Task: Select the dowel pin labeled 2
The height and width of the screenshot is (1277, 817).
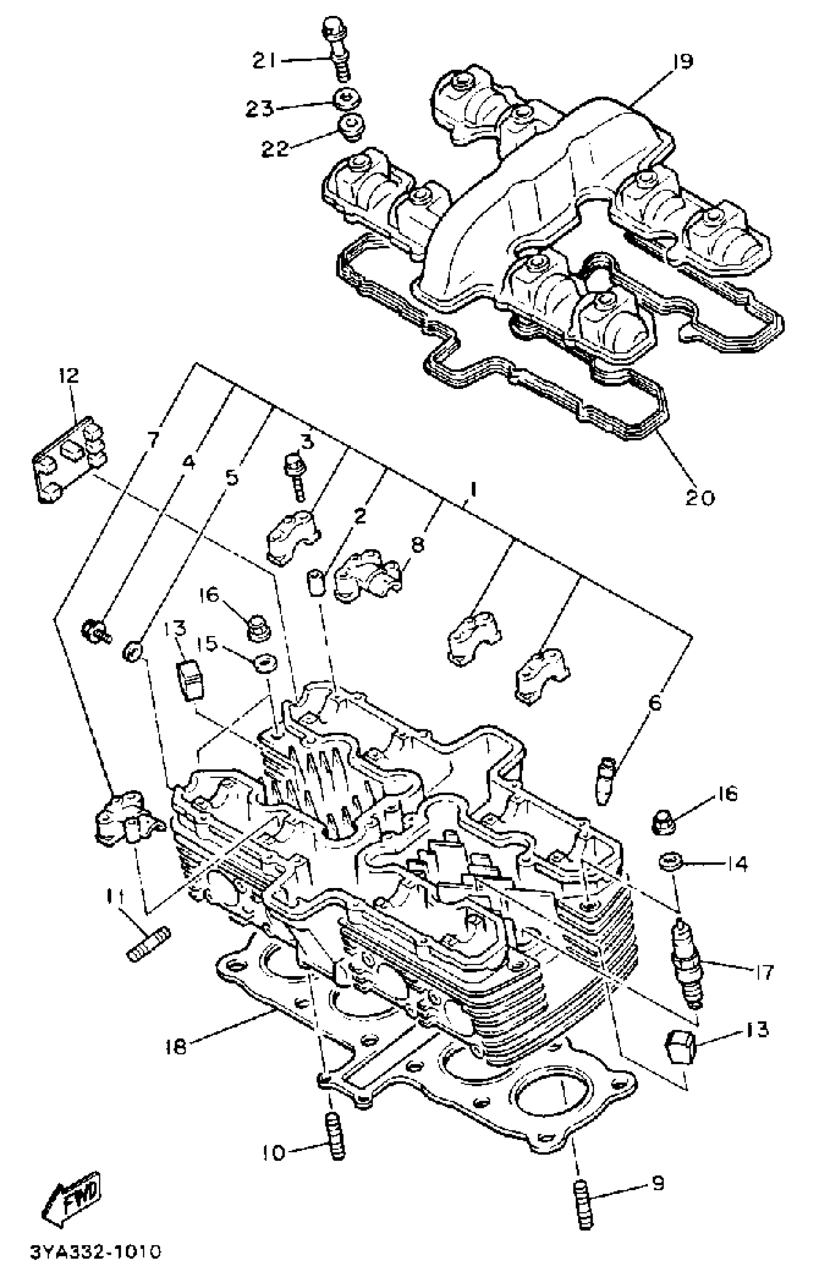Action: (x=316, y=582)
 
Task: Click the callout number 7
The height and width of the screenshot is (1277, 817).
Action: (x=152, y=439)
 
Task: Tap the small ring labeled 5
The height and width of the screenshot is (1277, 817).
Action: (x=132, y=651)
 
